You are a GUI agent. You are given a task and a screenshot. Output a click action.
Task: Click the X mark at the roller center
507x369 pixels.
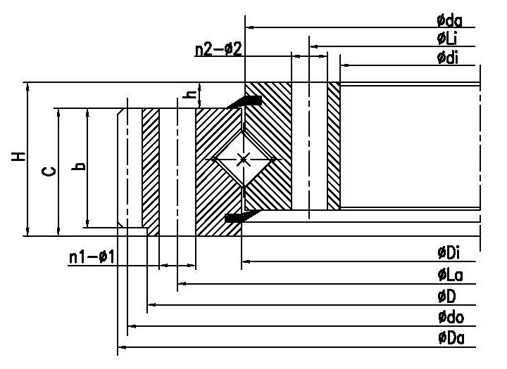coord(243,160)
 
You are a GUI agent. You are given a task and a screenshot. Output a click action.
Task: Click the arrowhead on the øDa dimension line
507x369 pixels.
coord(120,347)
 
